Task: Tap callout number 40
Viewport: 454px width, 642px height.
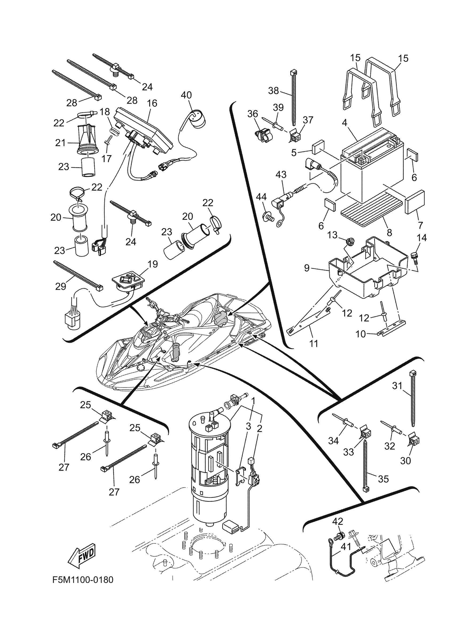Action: tap(186, 95)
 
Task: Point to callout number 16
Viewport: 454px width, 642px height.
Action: tap(152, 103)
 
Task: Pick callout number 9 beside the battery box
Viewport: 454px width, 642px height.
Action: tap(307, 268)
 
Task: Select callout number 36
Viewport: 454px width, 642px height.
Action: tap(252, 114)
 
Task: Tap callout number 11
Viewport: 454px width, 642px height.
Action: tap(314, 343)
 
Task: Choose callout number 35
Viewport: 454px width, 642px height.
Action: tap(383, 479)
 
